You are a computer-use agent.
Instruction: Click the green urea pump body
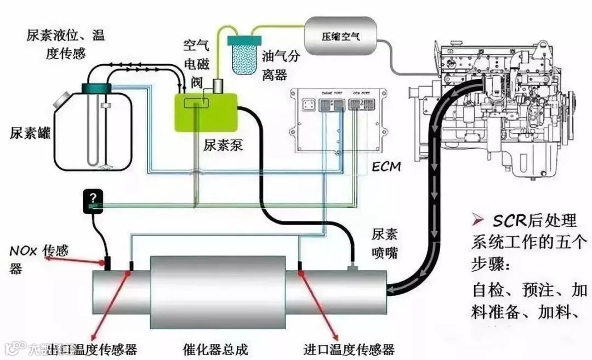206,112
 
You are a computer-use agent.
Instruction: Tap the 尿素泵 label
223,146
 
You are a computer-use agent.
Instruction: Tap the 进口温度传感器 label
349,348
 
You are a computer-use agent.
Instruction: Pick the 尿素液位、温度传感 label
65,44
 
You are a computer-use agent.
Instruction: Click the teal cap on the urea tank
96,88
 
